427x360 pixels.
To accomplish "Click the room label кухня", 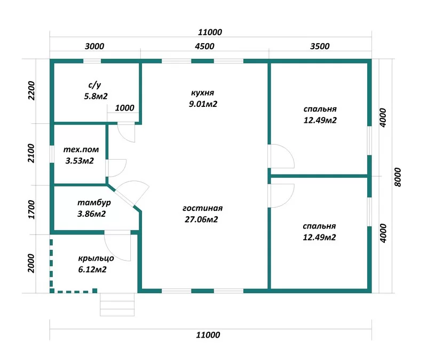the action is coord(203,93).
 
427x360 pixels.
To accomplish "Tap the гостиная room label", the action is coord(203,208).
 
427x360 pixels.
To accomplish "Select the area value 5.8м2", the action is coord(96,96).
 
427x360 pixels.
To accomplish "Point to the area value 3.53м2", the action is coord(80,161).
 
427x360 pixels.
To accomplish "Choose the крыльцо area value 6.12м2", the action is coord(92,270).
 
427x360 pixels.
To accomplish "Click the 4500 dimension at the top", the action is coord(204,46).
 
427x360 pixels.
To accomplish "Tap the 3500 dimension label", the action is coord(320,46).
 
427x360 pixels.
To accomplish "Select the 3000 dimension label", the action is coord(94,46).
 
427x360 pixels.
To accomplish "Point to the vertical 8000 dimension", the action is coord(398,177).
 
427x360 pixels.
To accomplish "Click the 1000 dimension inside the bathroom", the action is coord(124,108).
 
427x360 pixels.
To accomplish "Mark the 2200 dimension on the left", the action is coord(31,91).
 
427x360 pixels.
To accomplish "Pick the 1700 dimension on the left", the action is coord(31,209).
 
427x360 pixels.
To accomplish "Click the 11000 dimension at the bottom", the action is coord(208,335).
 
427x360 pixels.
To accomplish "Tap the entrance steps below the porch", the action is coord(117,304).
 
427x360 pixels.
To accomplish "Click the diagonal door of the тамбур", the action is coord(124,197).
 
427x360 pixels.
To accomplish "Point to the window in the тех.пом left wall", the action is coord(52,154).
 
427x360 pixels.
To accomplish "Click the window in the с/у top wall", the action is coord(92,61).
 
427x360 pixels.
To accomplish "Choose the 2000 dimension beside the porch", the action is coord(31,263).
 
